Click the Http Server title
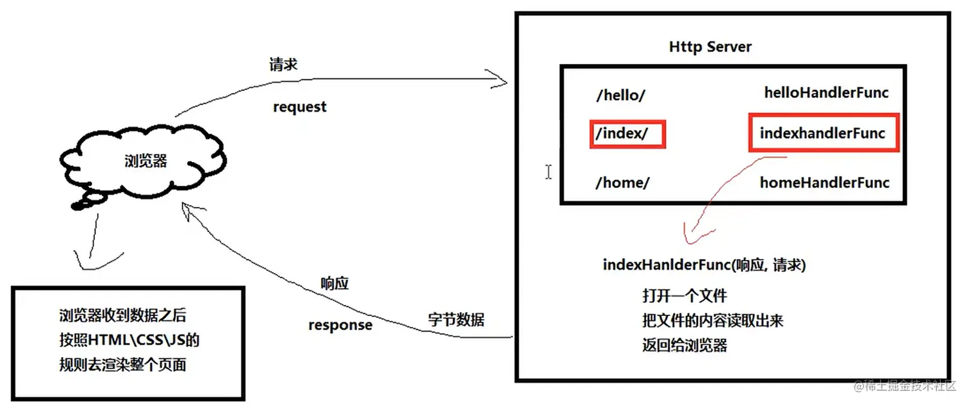[x=710, y=47]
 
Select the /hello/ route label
[x=620, y=95]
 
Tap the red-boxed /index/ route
[x=627, y=135]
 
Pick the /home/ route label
[x=622, y=183]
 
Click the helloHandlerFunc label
[x=826, y=93]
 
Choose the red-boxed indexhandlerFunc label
[x=823, y=133]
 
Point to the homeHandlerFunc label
[x=825, y=183]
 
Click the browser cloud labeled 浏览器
[x=145, y=161]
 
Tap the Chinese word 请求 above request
[x=283, y=65]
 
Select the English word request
[x=299, y=107]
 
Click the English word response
[x=340, y=325]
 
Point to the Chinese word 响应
[x=335, y=283]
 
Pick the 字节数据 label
[x=456, y=320]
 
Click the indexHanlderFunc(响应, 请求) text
[x=704, y=265]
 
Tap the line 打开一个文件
[x=684, y=296]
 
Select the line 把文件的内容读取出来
[x=712, y=320]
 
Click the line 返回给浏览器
[x=684, y=345]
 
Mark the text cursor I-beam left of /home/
[x=549, y=172]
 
